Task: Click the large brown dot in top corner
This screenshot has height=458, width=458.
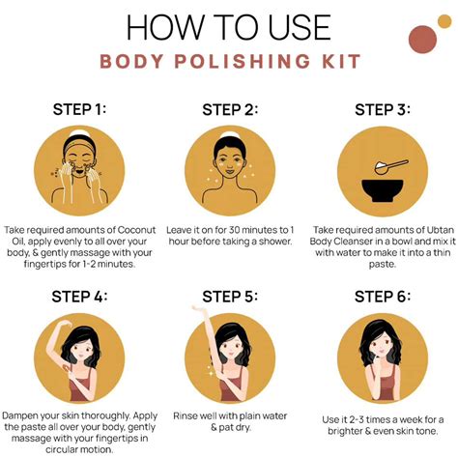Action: click(x=422, y=39)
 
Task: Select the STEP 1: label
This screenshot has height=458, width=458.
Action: click(x=76, y=109)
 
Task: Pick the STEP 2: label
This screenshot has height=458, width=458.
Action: click(x=228, y=109)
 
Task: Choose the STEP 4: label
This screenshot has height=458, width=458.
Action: click(x=76, y=296)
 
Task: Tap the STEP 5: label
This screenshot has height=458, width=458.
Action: click(x=228, y=296)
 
